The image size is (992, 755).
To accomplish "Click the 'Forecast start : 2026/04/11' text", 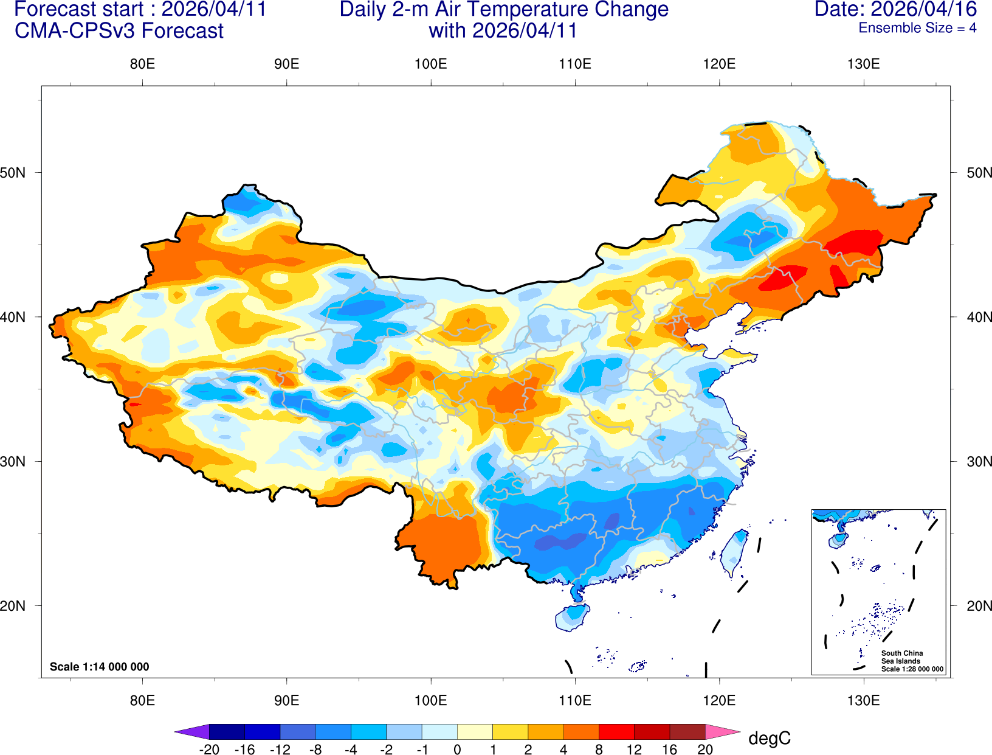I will (140, 10).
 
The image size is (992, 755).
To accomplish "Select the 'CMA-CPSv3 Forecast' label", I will (119, 31).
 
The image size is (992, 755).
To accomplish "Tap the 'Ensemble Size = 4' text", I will (917, 28).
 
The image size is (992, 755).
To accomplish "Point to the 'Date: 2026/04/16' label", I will (895, 10).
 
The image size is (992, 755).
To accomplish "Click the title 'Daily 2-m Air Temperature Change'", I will (504, 10).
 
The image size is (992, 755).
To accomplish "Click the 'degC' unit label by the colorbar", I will (769, 739).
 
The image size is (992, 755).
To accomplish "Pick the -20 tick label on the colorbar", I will (209, 750).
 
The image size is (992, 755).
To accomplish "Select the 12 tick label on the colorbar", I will (634, 750).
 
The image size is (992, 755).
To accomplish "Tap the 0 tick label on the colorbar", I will (457, 750).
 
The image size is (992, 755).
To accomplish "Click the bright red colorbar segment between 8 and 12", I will (616, 731).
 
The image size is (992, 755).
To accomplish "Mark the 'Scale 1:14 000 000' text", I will (100, 667).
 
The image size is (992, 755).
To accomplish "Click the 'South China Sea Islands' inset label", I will (902, 657).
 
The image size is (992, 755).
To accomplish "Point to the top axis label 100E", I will (430, 64).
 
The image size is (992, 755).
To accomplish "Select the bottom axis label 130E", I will (863, 700).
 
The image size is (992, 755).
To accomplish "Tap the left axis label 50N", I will (13, 173).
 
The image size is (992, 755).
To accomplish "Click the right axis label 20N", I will (979, 606).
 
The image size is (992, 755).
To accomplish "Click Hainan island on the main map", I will (572, 617).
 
